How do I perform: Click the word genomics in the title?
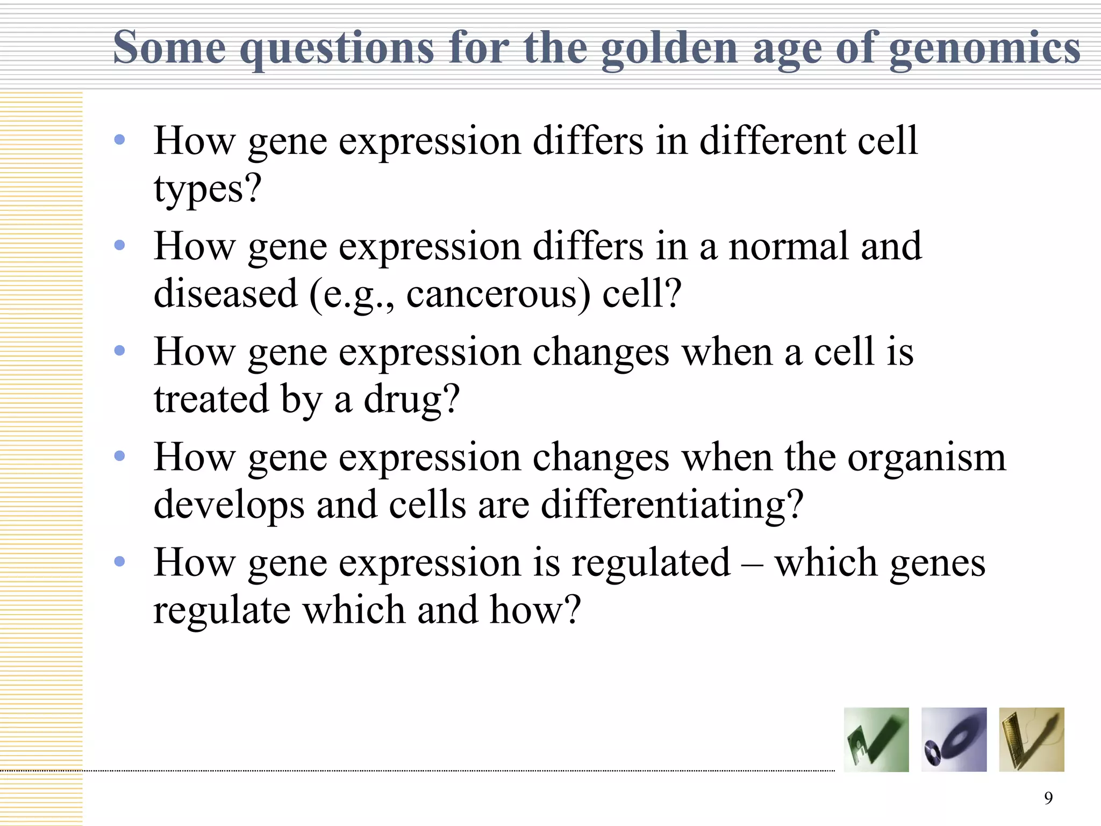coord(984,48)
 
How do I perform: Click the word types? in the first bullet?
coord(208,189)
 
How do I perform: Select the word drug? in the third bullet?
coord(412,400)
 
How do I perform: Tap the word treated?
coord(211,400)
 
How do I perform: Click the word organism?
coord(926,458)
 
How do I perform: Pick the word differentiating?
coord(672,505)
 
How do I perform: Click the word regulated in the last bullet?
coord(650,562)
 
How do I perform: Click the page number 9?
coord(1048,798)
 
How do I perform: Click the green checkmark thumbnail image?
coord(876,739)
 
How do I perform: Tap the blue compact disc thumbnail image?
coord(954,739)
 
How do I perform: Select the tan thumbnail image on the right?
coord(1031,739)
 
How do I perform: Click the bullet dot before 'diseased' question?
coord(119,246)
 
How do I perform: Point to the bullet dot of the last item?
coord(119,562)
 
